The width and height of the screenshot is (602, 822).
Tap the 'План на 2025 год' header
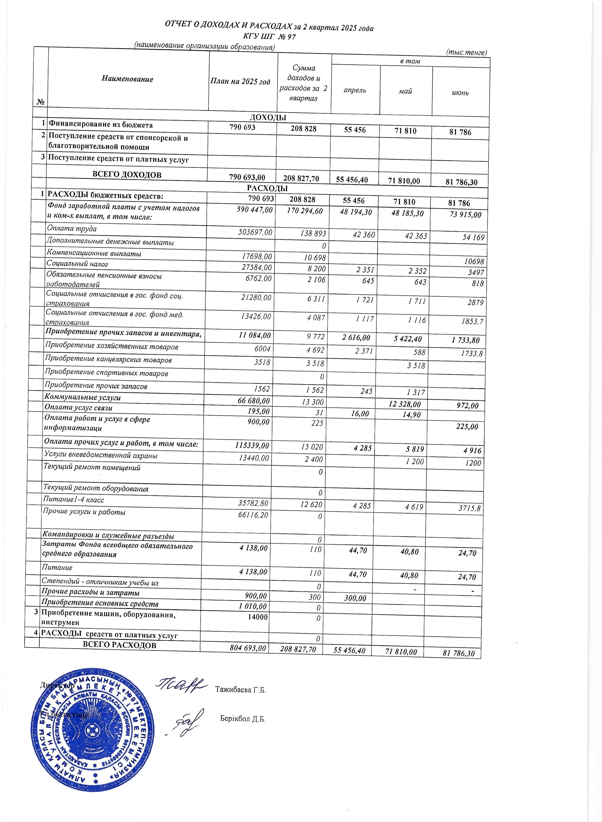coord(240,82)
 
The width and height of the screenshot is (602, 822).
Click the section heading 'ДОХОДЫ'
coord(268,117)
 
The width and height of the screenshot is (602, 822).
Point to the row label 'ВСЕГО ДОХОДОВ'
coord(127,175)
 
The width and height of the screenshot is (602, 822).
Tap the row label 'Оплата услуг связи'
coord(78,408)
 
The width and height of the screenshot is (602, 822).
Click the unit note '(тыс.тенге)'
coord(466,53)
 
